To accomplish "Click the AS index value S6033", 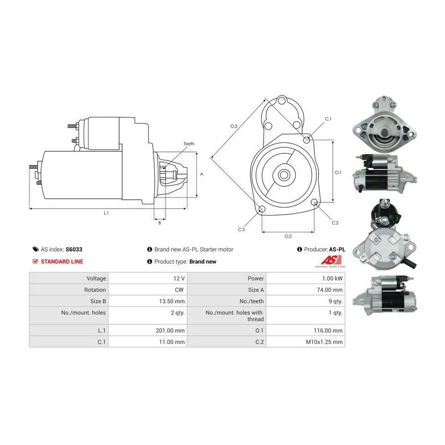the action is coord(74,250).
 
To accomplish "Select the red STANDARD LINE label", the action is coord(62,262).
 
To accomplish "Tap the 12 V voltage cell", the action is coord(179,278).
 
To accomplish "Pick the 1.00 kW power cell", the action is coord(332,278).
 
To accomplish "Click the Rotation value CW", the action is coord(179,290).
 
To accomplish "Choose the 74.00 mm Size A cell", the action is coord(329,290).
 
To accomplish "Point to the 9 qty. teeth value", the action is coord(335,302).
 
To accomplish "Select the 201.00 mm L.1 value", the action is coord(170,331).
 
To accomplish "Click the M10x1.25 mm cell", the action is coord(324,342).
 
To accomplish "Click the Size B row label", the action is coord(98,302).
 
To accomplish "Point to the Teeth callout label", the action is coord(189,144).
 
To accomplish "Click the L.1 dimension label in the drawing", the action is coord(106,213).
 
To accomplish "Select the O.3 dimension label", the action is coord(233,126).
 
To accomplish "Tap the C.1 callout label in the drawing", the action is coord(328,119).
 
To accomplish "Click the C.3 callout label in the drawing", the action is coord(241,229).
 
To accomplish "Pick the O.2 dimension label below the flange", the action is coord(288,236).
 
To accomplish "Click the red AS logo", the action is coord(331,260).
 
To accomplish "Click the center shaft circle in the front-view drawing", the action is coord(283,175).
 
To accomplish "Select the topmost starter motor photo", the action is coord(385,124).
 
